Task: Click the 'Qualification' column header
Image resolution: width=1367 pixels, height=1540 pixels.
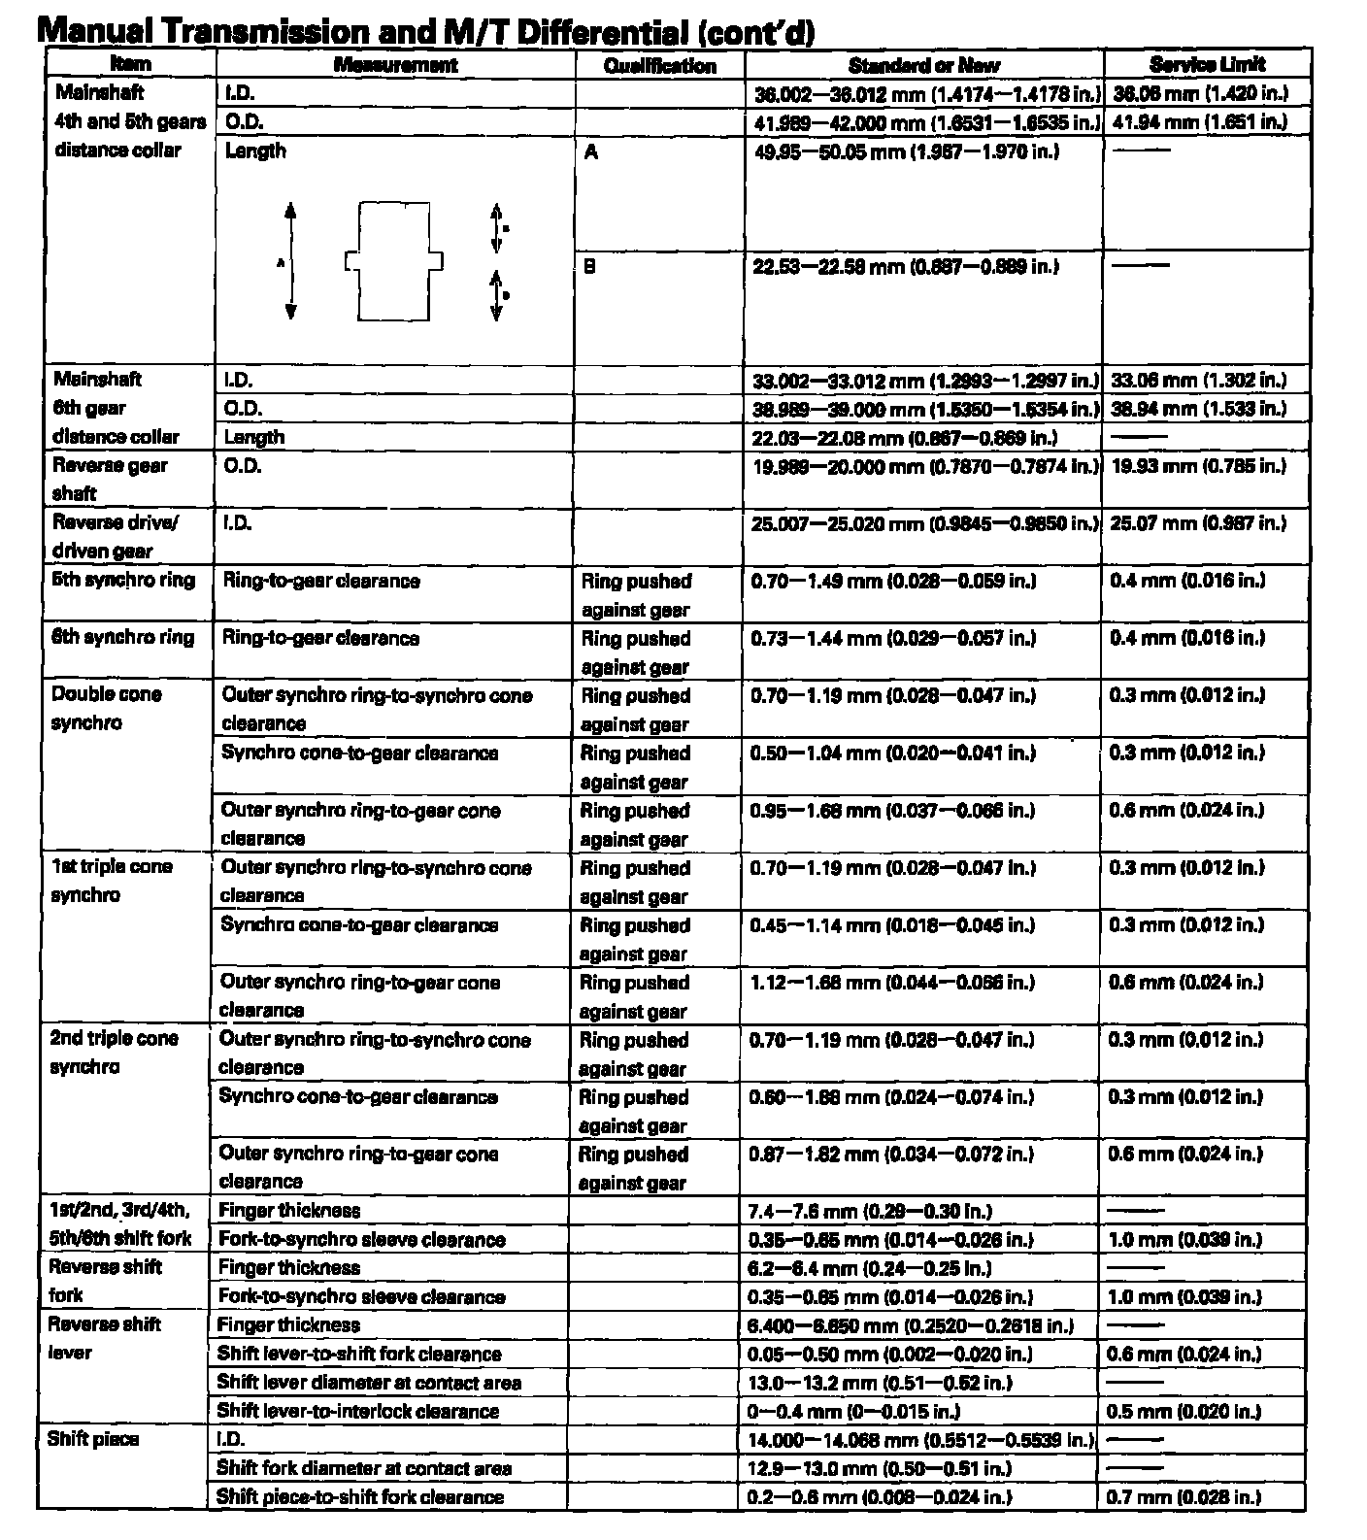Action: pos(659,66)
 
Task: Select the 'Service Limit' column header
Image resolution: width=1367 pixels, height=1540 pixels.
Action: pos(1207,65)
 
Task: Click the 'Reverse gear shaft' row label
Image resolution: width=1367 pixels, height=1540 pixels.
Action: pos(109,479)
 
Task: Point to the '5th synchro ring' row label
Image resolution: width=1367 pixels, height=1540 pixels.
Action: pos(123,581)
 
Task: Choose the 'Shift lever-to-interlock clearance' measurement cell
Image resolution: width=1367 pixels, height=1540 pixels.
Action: pos(357,1411)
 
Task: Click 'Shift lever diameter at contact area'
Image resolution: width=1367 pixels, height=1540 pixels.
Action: pos(369,1383)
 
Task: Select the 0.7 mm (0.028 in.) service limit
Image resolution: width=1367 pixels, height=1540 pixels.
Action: pos(1184,1497)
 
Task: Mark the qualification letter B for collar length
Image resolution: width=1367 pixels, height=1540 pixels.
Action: pos(589,266)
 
